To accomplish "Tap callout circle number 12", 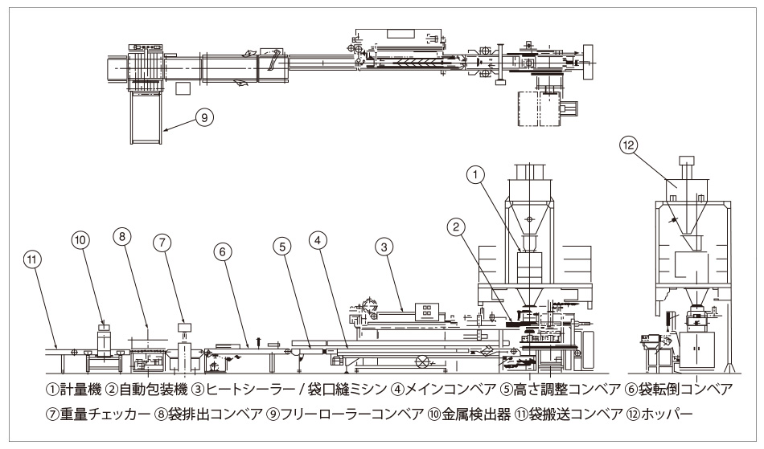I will click(x=630, y=145).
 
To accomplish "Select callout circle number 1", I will click(x=476, y=173).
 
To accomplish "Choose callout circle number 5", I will click(x=283, y=250).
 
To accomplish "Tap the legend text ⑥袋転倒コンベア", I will click(x=688, y=390).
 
